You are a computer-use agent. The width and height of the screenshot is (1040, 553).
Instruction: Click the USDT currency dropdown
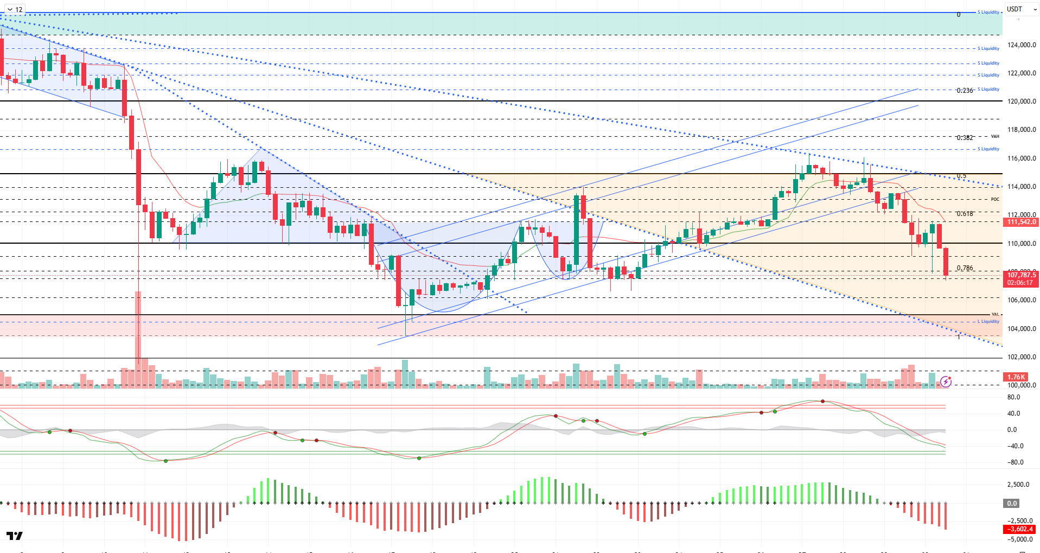tap(1021, 9)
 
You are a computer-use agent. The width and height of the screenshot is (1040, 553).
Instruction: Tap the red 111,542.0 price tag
tap(1021, 222)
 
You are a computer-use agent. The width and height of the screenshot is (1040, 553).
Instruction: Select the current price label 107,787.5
tap(1021, 275)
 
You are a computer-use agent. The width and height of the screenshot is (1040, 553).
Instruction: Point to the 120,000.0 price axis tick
tap(1021, 101)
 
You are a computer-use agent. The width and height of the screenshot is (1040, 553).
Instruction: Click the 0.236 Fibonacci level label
tap(964, 91)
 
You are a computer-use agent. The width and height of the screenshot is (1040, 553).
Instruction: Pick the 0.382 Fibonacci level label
tap(964, 138)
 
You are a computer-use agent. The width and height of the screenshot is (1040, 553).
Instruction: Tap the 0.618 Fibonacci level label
tap(964, 214)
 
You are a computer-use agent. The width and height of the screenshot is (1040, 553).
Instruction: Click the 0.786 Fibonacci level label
tap(964, 268)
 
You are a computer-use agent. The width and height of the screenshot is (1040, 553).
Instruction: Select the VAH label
tap(994, 136)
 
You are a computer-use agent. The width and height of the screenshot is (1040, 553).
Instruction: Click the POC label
tap(994, 199)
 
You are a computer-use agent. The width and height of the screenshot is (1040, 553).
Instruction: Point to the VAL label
tap(994, 314)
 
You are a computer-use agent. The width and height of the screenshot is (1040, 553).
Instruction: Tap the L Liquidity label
tap(988, 322)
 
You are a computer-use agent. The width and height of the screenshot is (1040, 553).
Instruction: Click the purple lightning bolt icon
tap(946, 382)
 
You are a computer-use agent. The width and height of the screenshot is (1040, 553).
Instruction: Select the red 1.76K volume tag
tap(1016, 377)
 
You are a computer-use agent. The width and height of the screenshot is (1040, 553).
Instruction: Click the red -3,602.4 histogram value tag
tap(1020, 529)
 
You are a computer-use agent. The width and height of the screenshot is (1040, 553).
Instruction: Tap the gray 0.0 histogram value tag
tap(1012, 504)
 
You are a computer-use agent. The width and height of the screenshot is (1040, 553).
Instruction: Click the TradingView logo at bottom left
tap(15, 536)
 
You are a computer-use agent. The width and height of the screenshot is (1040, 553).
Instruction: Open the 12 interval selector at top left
tap(15, 9)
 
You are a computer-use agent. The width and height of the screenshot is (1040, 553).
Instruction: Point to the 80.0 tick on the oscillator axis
tap(1013, 397)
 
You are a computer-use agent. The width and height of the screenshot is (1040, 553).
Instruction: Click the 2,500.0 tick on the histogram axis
tap(1018, 485)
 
